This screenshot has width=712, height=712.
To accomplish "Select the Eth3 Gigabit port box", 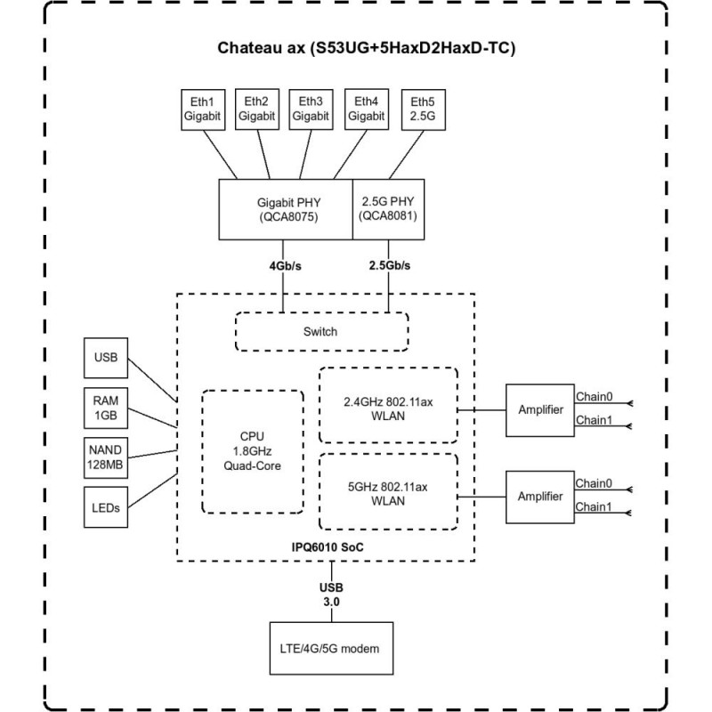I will tap(311, 109).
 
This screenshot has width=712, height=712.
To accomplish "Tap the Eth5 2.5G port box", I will tap(424, 109).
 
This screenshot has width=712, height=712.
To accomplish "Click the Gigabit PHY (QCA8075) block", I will tap(285, 208).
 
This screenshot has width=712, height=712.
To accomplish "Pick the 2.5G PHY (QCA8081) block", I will tap(387, 208).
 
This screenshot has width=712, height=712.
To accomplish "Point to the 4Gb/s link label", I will tap(284, 265).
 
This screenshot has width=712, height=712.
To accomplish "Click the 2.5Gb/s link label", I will tap(389, 265).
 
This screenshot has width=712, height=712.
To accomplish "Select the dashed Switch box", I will tap(320, 331).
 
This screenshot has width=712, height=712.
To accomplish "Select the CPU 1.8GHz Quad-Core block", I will tap(252, 450).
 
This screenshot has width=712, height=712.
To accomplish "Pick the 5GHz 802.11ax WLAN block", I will tap(388, 493).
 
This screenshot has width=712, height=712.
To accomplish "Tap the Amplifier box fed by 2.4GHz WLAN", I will tap(539, 409).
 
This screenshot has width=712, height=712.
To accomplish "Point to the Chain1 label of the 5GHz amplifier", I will tap(592, 506).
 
